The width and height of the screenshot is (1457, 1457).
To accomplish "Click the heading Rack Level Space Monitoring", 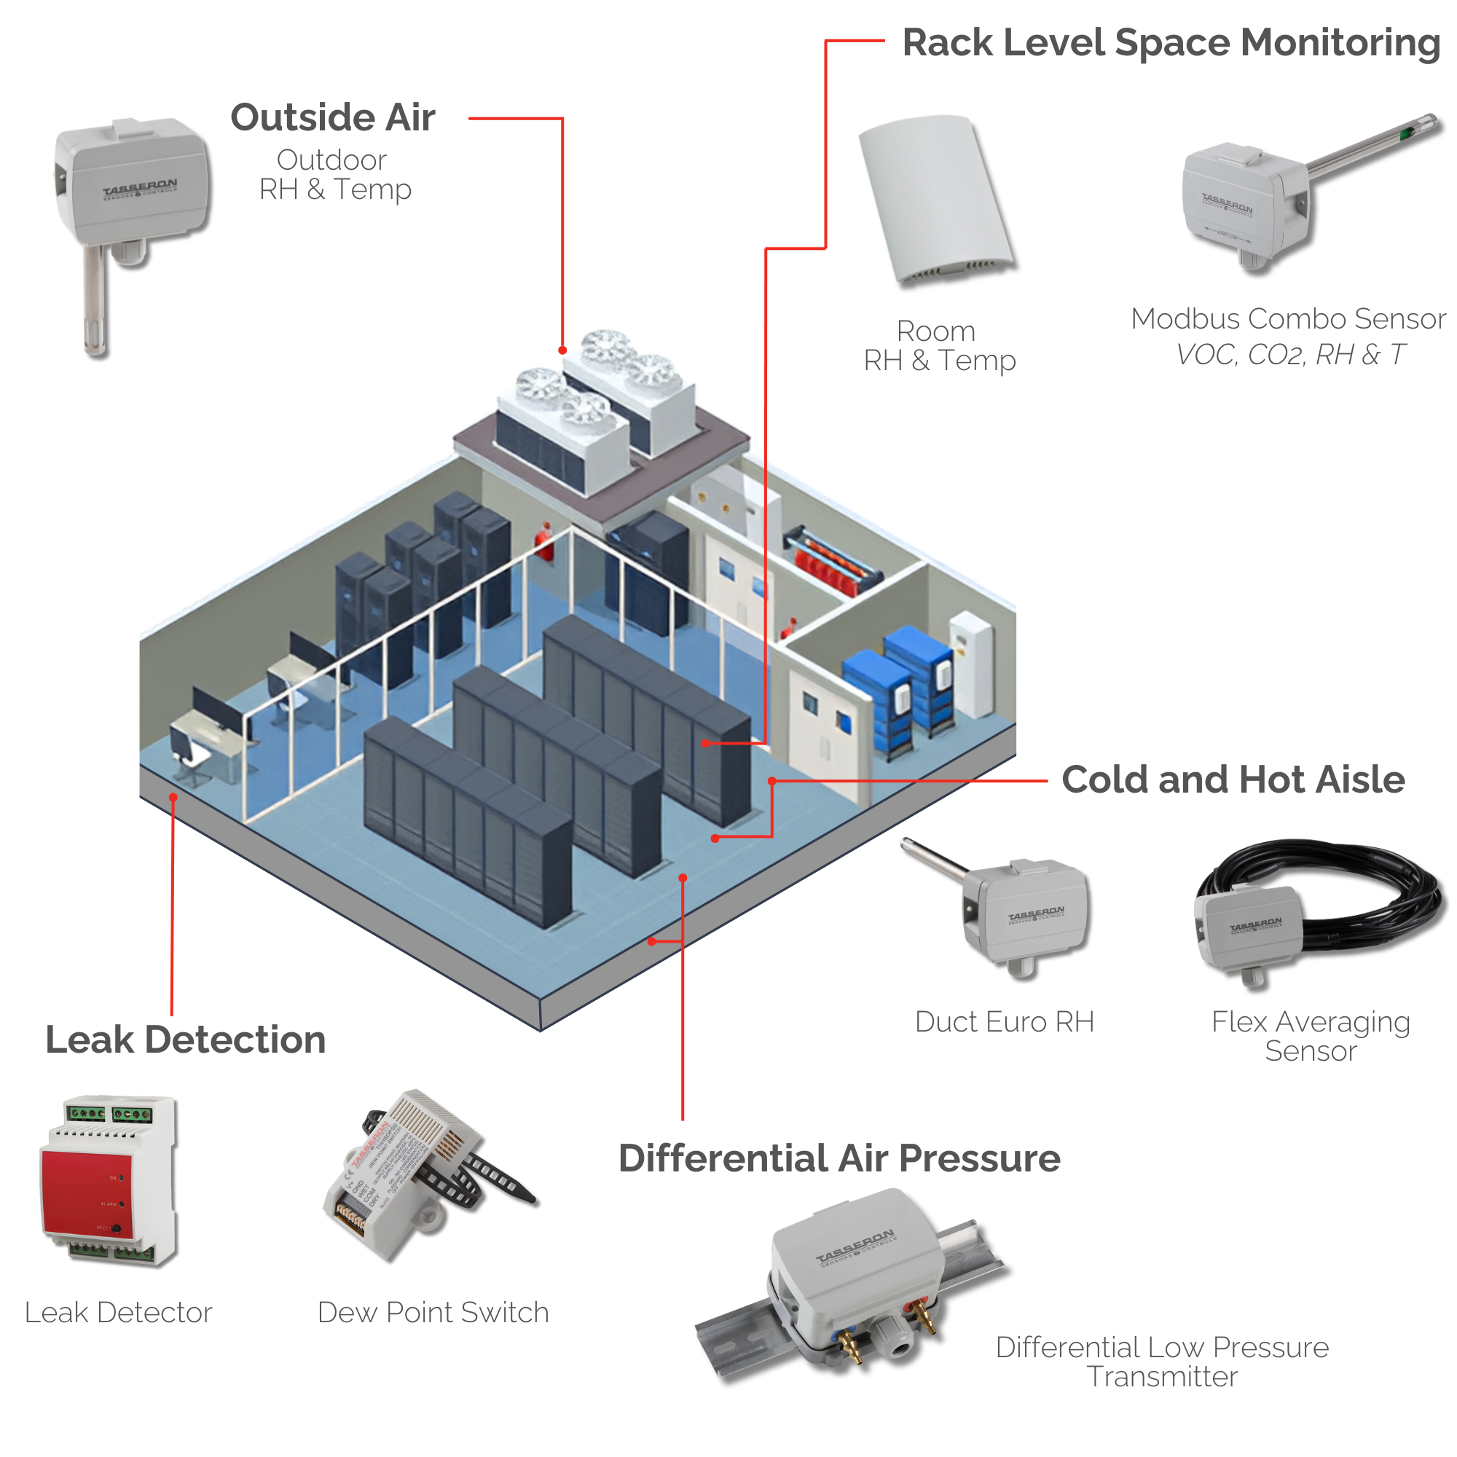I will [1171, 43].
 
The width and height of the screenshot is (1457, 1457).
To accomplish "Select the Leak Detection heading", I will [186, 1040].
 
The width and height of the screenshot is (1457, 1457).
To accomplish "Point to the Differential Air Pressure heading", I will [839, 1158].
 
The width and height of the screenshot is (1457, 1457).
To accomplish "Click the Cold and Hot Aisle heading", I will [1233, 779].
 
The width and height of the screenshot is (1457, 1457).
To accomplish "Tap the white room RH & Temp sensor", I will [935, 200].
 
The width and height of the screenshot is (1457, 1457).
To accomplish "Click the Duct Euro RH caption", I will [1004, 1022].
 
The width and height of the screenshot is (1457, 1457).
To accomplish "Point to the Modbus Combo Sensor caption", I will [1288, 319].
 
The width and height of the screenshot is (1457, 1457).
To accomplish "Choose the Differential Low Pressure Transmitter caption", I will [1162, 1362].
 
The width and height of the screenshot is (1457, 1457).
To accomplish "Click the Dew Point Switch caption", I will [433, 1313].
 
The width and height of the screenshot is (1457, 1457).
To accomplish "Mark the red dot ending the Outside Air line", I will [562, 350].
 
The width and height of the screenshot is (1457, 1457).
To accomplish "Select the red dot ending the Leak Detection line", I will [173, 797].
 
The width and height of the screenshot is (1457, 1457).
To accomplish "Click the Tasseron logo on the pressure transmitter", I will [856, 1247].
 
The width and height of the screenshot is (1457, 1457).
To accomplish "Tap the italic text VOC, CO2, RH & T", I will [1290, 355].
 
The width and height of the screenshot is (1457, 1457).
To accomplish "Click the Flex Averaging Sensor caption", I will [1311, 1036].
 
